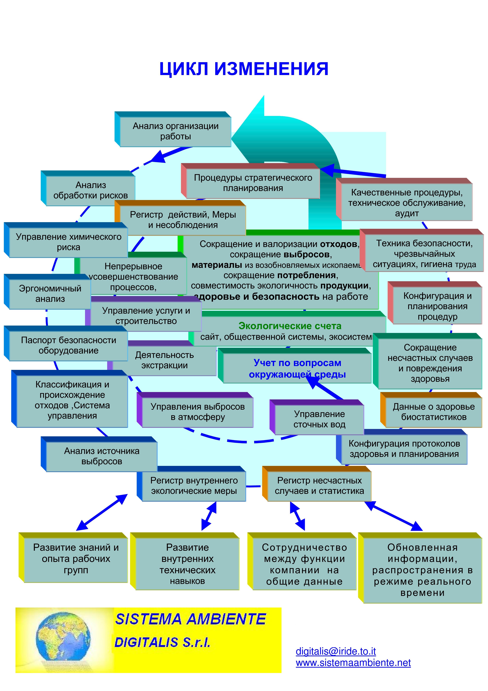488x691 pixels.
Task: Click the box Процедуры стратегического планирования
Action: (253, 183)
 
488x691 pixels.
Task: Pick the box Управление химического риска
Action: (68, 242)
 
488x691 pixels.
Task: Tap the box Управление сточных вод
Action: (319, 419)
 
